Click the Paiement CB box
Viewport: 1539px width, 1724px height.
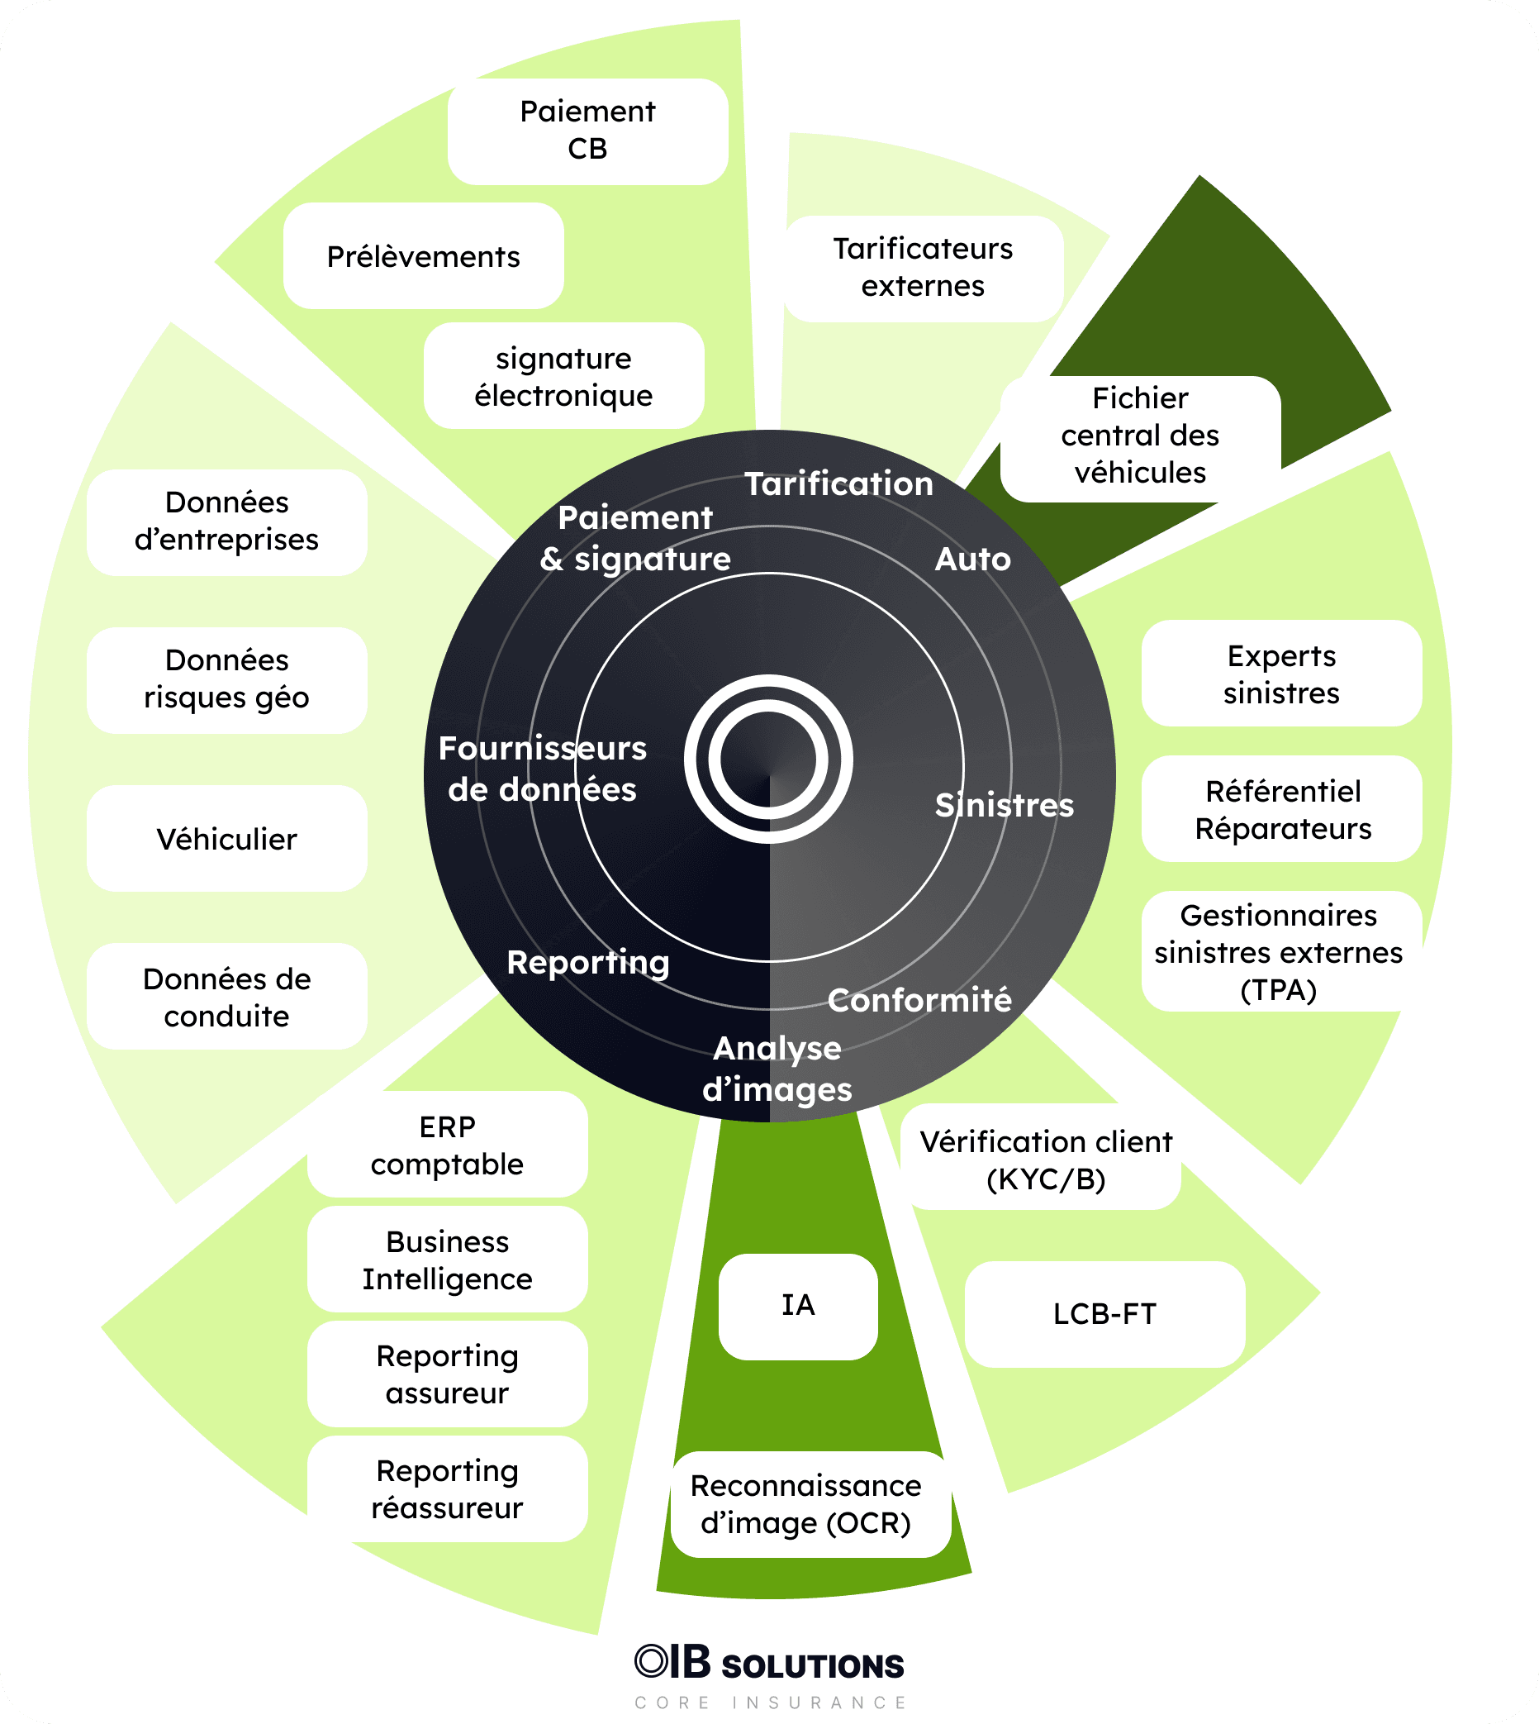point(587,131)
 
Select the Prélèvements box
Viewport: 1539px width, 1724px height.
point(424,255)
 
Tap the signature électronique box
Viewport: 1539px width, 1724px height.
point(564,375)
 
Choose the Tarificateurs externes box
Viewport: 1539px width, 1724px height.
point(924,268)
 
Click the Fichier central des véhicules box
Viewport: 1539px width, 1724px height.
point(1140,436)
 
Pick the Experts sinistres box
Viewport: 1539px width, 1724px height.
point(1281,674)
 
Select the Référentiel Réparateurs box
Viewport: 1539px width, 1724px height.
point(1282,809)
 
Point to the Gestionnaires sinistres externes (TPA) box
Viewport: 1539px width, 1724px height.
point(1279,950)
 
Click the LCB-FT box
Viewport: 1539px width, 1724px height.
point(1104,1314)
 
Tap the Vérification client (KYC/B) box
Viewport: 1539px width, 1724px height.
point(1045,1159)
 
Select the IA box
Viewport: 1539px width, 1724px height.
point(798,1305)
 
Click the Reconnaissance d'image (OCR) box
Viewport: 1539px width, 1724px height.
point(806,1503)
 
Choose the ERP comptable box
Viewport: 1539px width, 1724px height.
point(447,1145)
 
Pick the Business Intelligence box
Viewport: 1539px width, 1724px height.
point(447,1259)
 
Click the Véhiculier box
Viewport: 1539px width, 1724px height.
point(226,838)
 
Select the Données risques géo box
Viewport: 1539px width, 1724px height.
point(226,679)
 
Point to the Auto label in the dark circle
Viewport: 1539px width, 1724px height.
point(972,560)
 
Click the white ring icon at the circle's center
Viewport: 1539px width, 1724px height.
point(768,759)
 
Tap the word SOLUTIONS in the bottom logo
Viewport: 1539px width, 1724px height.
point(813,1665)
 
